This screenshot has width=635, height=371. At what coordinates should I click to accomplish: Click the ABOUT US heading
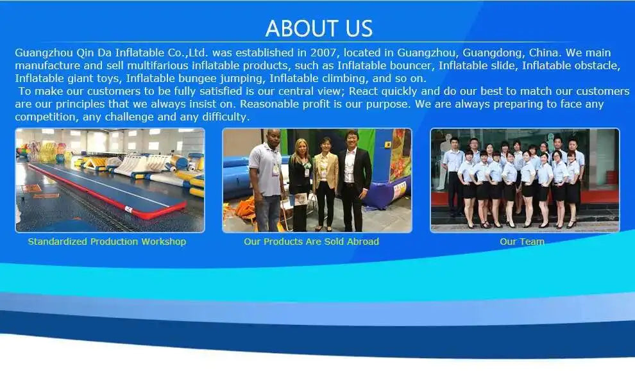point(319,28)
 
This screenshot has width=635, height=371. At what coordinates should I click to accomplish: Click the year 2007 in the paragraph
point(323,53)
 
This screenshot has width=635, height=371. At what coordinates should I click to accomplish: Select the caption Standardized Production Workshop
point(107,242)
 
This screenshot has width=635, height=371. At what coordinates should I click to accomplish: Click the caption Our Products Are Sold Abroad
point(312,242)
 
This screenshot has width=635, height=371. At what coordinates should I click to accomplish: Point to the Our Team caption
point(522,242)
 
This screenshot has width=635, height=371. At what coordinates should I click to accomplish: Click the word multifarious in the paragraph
point(158,65)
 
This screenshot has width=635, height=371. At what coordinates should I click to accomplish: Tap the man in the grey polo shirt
point(266,181)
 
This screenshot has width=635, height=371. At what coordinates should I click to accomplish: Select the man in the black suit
point(353,181)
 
